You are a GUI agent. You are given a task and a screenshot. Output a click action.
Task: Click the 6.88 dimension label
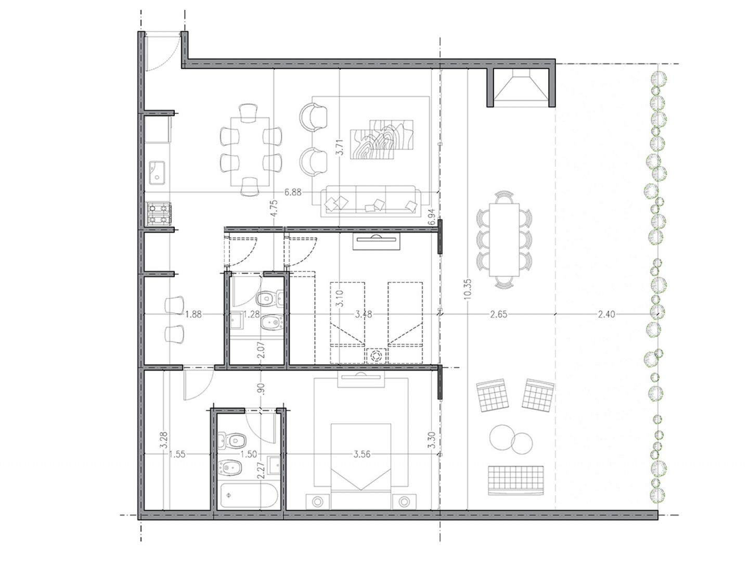tap(293, 193)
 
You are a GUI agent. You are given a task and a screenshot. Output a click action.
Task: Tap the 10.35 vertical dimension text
tap(468, 289)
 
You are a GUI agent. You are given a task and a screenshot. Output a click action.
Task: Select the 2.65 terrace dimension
tap(498, 314)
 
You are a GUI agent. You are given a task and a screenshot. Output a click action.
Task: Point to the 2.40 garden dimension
tap(606, 314)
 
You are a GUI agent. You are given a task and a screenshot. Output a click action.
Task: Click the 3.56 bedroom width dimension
tap(361, 454)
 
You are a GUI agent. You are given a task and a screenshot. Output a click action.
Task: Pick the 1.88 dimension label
tap(193, 314)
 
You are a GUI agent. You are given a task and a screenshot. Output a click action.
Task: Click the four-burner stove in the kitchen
tap(159, 214)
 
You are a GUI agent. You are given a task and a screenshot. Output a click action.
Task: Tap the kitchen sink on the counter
tap(157, 173)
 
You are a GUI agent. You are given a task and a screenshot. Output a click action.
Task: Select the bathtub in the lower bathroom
tap(249, 495)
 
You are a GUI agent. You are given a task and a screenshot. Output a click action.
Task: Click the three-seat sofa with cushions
tap(370, 201)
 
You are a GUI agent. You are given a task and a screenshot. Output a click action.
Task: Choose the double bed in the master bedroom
tap(360, 466)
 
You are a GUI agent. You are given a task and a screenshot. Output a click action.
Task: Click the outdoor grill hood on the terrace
tap(521, 85)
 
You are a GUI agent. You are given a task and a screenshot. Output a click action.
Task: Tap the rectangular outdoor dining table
tap(505, 240)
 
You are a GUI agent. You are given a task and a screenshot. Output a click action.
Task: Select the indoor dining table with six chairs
tap(250, 151)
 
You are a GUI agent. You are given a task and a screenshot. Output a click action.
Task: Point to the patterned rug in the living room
tap(382, 139)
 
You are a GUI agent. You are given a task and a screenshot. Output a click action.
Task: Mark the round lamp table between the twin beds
tap(376, 356)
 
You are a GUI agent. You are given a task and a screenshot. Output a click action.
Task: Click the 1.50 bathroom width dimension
tap(249, 454)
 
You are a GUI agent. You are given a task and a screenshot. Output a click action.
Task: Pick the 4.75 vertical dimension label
tap(274, 211)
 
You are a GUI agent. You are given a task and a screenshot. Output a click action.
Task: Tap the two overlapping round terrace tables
tap(511, 440)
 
